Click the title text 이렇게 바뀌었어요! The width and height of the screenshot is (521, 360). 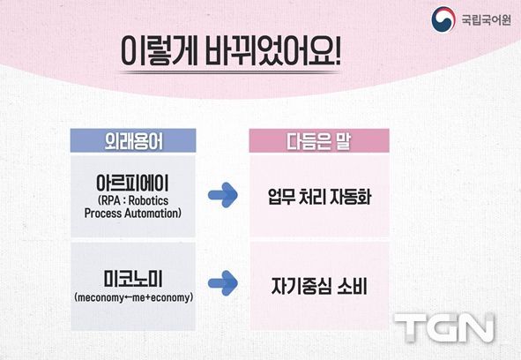230,51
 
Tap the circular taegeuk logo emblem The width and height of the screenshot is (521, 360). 443,19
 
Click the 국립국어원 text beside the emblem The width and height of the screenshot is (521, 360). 486,20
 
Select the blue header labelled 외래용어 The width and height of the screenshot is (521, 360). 133,141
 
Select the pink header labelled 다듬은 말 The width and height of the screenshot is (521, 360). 319,141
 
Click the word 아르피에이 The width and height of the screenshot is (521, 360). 132,183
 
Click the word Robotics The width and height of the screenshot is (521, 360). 148,200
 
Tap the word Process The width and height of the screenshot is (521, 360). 102,214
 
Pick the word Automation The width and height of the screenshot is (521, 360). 151,214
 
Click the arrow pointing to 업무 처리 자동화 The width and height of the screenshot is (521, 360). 223,195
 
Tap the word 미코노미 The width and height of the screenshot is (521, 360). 133,279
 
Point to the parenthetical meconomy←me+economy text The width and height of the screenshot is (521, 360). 133,297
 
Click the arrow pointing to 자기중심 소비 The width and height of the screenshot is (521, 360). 223,283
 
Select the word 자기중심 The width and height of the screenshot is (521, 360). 300,286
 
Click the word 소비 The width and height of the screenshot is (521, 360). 353,286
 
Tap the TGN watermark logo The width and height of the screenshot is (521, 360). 444,327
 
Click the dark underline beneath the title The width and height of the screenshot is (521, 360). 230,72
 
